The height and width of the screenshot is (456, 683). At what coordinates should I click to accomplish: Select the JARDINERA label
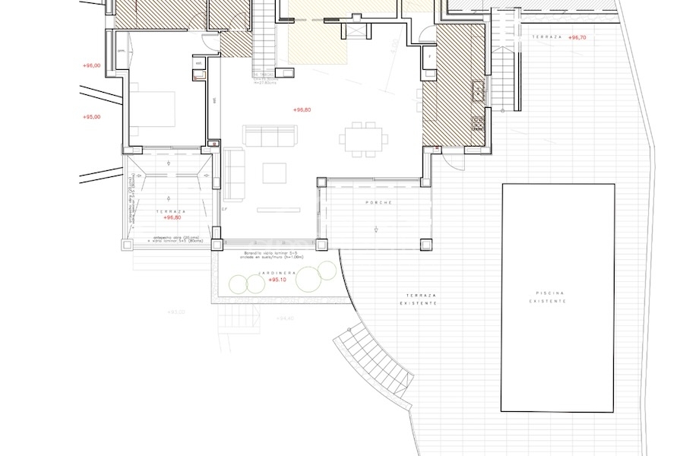click(x=271, y=272)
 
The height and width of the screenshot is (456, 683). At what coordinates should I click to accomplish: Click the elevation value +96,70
click(x=577, y=36)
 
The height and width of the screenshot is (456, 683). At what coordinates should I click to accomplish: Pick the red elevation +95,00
click(x=91, y=117)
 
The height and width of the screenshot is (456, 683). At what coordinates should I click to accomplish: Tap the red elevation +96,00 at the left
click(x=91, y=66)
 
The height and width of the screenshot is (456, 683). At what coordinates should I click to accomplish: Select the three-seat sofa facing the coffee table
click(x=269, y=135)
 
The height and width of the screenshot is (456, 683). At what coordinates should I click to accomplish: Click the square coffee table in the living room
click(x=274, y=173)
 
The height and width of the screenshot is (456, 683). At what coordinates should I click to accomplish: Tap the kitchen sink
click(x=479, y=91)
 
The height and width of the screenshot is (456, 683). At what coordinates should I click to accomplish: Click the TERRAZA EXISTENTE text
click(x=420, y=299)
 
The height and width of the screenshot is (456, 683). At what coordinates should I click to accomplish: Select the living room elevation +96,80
click(x=302, y=110)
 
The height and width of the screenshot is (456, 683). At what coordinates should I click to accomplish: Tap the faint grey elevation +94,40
click(x=283, y=318)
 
